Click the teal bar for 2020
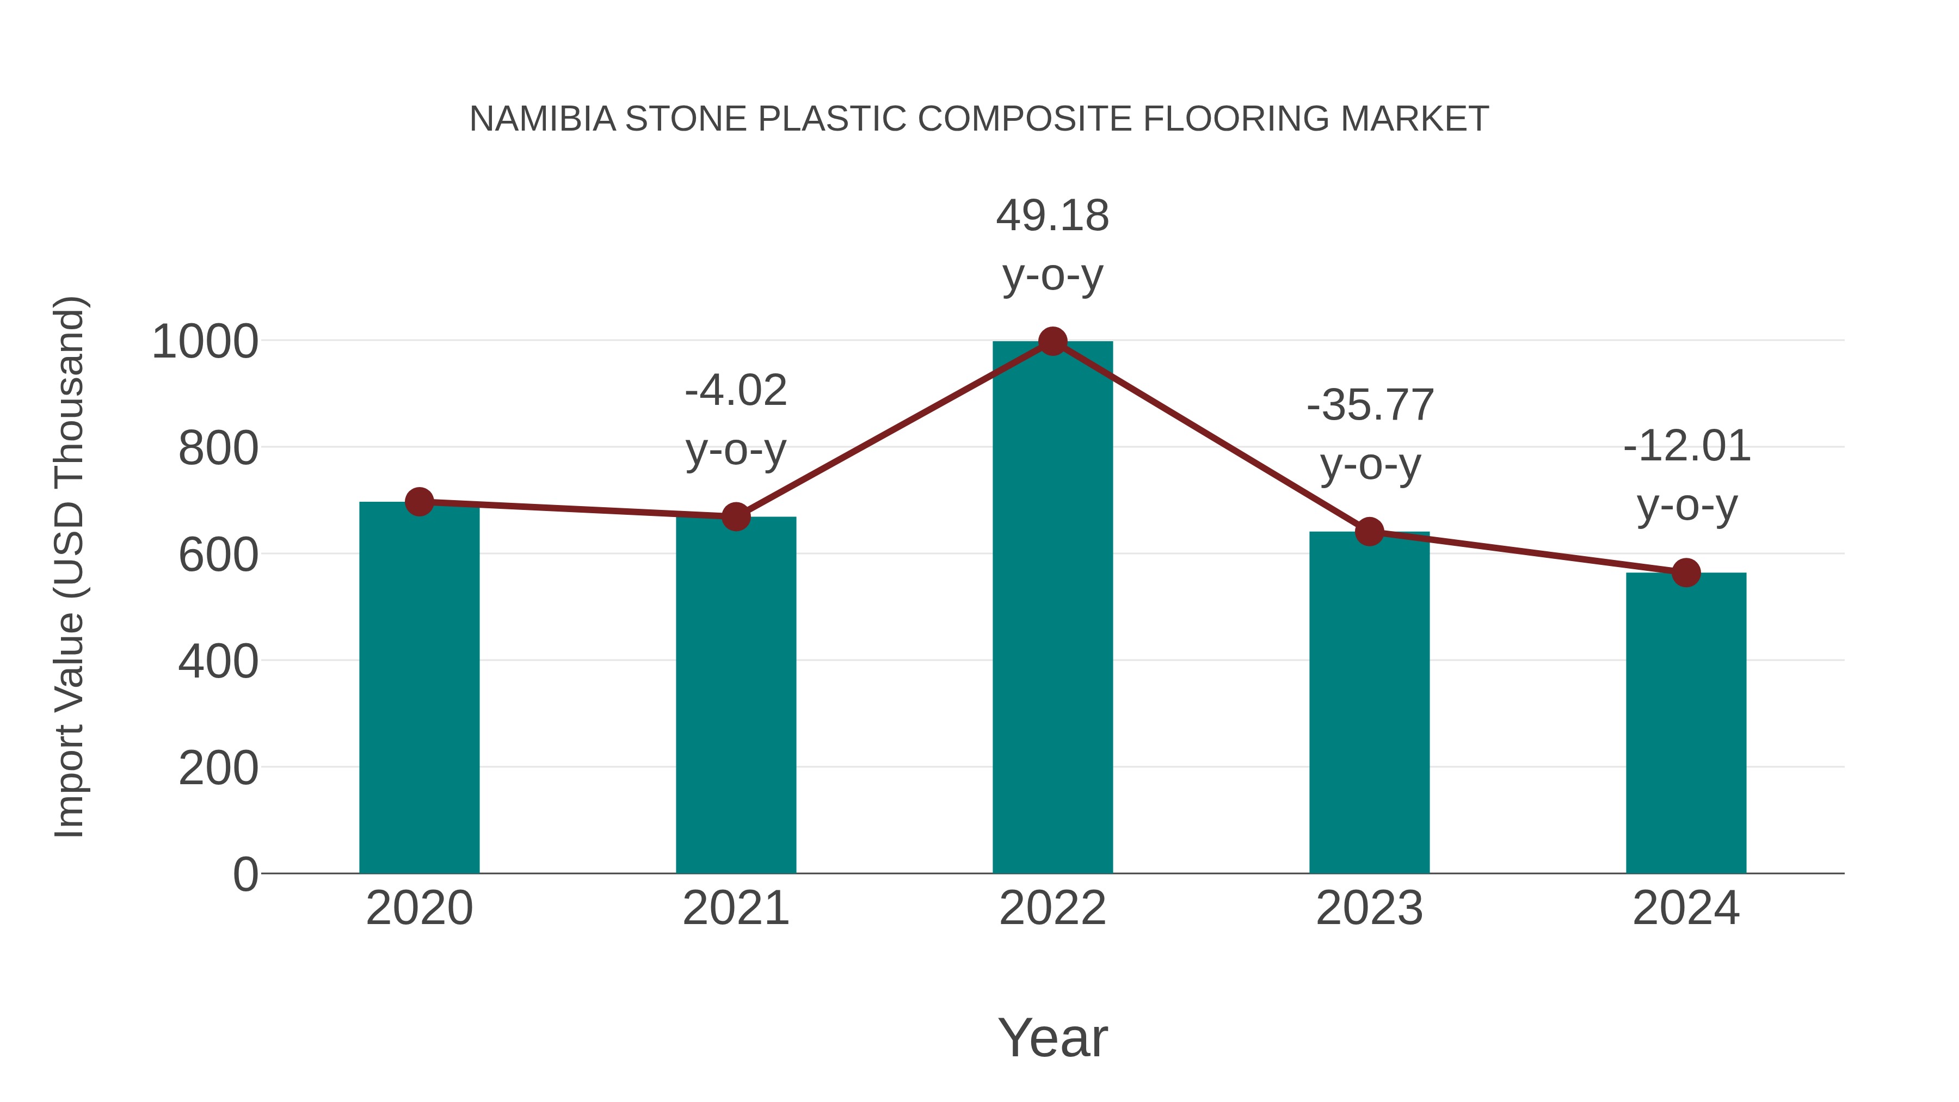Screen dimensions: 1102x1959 click(419, 688)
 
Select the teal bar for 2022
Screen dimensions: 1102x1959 click(1052, 608)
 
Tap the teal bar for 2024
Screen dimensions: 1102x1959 click(1686, 723)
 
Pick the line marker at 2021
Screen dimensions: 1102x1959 click(735, 517)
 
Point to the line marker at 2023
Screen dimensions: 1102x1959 click(1369, 532)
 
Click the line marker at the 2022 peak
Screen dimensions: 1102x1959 click(1052, 341)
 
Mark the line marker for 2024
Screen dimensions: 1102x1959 click(1686, 572)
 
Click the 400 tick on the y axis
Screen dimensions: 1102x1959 click(218, 662)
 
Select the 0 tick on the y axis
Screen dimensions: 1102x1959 click(245, 875)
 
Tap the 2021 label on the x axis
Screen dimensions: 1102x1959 click(735, 908)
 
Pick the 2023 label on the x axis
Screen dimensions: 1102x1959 click(1369, 908)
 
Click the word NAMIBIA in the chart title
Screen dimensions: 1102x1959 click(542, 119)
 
